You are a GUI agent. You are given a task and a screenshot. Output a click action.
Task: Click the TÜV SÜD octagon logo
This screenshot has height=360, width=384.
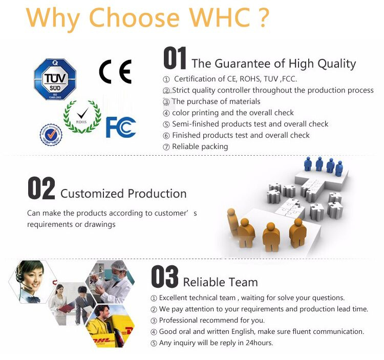55,79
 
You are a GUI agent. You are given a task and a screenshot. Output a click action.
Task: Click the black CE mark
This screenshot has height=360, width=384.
115,72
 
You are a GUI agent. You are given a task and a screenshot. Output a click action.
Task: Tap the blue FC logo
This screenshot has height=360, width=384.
121,127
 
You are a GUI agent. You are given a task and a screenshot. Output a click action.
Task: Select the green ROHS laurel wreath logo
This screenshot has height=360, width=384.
82,117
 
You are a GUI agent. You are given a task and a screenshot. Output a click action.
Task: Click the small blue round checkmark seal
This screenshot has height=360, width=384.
51,135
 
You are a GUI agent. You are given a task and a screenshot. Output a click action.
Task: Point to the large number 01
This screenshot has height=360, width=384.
175,58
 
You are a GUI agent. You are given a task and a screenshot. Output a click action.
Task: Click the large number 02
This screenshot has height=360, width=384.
41,188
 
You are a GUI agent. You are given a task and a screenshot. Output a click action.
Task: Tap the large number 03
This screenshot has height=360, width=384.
164,277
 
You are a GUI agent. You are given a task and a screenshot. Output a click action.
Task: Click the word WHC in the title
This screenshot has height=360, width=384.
219,17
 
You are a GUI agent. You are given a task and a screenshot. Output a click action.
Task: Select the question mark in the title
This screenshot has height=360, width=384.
264,17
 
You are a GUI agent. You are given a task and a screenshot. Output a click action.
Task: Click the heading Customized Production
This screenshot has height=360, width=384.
123,194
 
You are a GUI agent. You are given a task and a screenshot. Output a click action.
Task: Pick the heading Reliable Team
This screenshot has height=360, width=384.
220,282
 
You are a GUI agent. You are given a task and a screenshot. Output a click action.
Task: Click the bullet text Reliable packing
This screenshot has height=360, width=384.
200,146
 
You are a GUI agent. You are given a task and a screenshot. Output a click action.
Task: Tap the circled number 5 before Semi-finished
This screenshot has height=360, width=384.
166,124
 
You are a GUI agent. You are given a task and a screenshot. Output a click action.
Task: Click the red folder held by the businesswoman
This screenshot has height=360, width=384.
66,308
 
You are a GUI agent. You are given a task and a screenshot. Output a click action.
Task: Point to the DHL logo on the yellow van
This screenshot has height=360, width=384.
103,341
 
